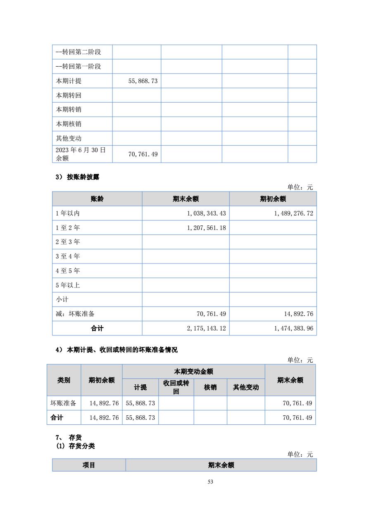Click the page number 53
click(210, 481)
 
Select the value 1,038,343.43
click(206, 213)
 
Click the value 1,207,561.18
click(206, 228)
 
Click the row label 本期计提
click(69, 81)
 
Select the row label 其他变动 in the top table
click(69, 139)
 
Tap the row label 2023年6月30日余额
click(81, 154)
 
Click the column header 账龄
click(97, 199)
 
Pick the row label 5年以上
click(68, 285)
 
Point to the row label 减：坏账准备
click(75, 314)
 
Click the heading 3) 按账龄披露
click(78, 177)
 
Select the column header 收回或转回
click(176, 387)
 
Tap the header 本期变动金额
click(193, 371)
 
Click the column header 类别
click(64, 380)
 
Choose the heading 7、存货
click(69, 438)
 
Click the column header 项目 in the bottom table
click(89, 465)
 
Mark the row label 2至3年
click(68, 242)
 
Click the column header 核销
click(210, 388)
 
